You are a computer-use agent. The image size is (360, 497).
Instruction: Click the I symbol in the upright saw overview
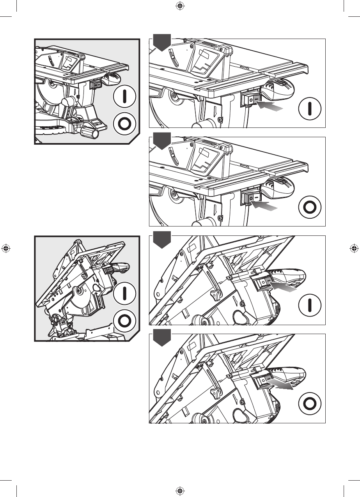coord(124,96)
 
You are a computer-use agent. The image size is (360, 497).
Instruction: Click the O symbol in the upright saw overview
coord(124,124)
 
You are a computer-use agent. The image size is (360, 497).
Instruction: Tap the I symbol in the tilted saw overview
coord(124,293)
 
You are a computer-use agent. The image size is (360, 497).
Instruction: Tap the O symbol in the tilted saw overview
coord(124,321)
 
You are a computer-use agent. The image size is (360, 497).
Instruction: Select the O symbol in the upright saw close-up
coord(309,207)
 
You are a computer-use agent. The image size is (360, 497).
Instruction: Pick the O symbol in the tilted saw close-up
coord(309,403)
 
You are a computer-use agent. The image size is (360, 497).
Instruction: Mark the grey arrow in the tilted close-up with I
coord(283,287)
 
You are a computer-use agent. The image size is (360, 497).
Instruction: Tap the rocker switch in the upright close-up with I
coord(251,100)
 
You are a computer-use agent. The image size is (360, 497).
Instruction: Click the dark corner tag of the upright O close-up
coord(162,141)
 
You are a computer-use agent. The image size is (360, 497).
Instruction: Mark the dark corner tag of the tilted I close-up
coord(162,240)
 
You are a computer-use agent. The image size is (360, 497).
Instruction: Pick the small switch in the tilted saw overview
coord(110,269)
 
